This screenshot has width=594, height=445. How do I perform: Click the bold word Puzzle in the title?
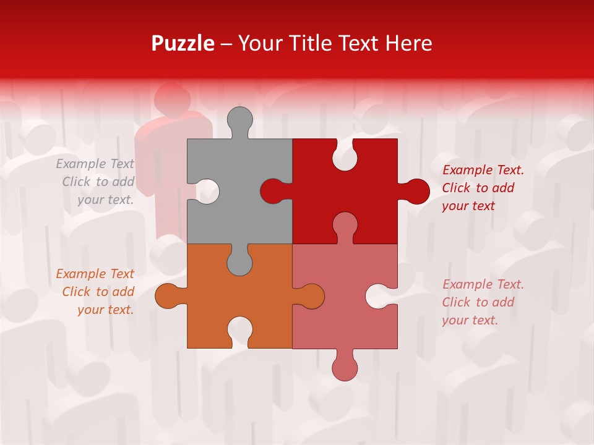click(x=183, y=43)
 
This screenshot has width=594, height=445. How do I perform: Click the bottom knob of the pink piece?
click(x=345, y=368)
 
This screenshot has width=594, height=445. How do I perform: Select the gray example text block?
click(x=96, y=182)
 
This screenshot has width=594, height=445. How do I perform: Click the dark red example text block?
click(x=483, y=188)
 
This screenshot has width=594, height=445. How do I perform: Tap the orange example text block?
click(x=96, y=292)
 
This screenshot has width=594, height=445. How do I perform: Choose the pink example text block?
click(x=483, y=302)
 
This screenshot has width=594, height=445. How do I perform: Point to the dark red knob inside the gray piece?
click(x=272, y=191)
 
